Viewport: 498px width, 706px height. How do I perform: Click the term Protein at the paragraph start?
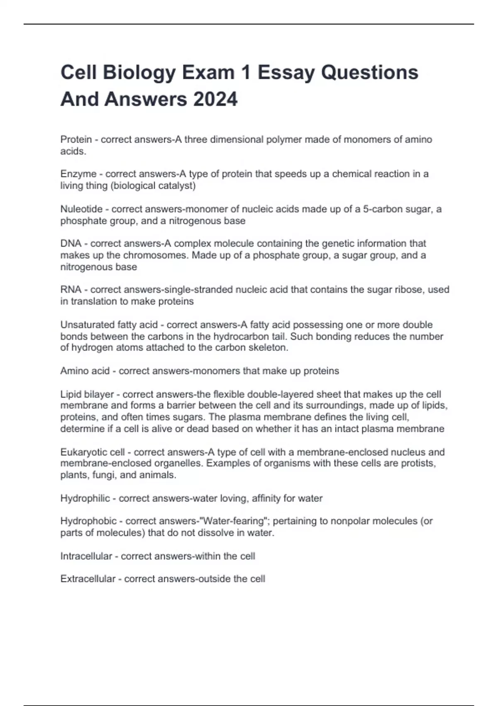76,140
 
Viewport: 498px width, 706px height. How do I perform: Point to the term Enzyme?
78,174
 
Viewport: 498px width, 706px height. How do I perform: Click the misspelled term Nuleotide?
81,209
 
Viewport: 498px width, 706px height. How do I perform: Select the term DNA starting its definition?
71,243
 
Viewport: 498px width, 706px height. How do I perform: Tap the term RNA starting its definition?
71,289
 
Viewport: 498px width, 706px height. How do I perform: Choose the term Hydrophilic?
85,498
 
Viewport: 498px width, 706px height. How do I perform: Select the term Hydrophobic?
88,521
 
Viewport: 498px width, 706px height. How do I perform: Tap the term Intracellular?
86,556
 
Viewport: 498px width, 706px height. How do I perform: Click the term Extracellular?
88,579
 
